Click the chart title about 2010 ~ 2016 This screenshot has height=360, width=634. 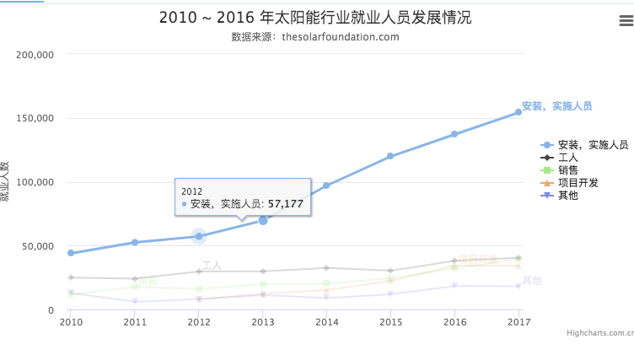click(x=315, y=18)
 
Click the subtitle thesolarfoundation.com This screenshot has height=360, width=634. click(x=315, y=37)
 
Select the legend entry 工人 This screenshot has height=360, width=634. click(x=567, y=158)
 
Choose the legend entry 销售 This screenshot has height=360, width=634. click(x=567, y=170)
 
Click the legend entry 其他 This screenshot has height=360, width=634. click(x=567, y=196)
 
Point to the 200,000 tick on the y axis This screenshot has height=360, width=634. click(x=36, y=55)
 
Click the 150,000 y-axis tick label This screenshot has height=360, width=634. click(x=36, y=119)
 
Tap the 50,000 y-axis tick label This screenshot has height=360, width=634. click(x=39, y=247)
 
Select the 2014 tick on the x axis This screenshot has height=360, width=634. click(x=326, y=322)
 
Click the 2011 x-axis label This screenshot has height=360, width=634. click(x=135, y=322)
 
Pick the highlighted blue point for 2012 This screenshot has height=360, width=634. click(x=199, y=236)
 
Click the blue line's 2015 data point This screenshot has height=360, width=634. click(x=390, y=156)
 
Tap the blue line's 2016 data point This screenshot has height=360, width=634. click(x=454, y=134)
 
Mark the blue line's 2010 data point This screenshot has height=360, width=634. click(x=71, y=253)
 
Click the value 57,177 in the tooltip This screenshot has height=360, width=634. click(x=285, y=204)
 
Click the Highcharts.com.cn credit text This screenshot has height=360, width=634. click(x=599, y=334)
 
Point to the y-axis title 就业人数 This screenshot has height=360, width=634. click(x=6, y=181)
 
